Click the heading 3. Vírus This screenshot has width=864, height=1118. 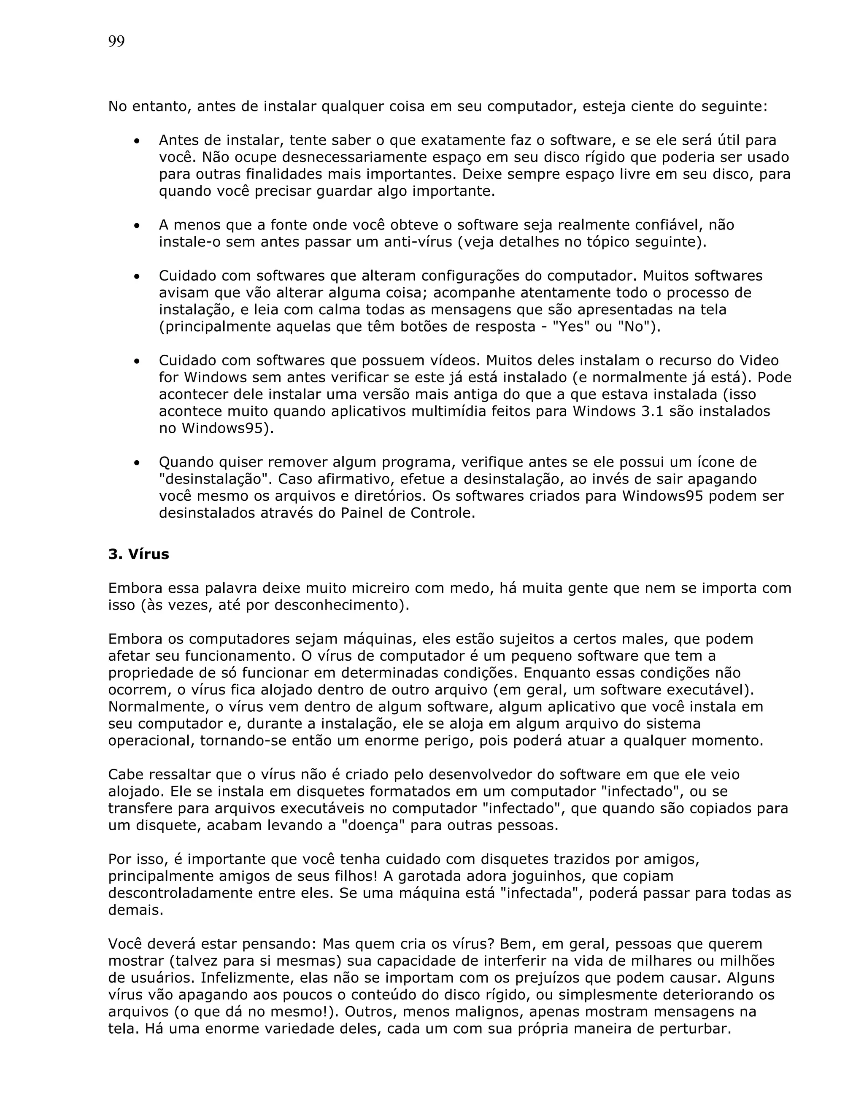pos(138,554)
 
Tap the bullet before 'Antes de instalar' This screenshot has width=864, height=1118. pos(137,141)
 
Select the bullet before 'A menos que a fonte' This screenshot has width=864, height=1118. pos(137,226)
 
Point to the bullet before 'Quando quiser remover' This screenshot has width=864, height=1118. pos(137,463)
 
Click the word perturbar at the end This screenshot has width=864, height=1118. pos(691,1029)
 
